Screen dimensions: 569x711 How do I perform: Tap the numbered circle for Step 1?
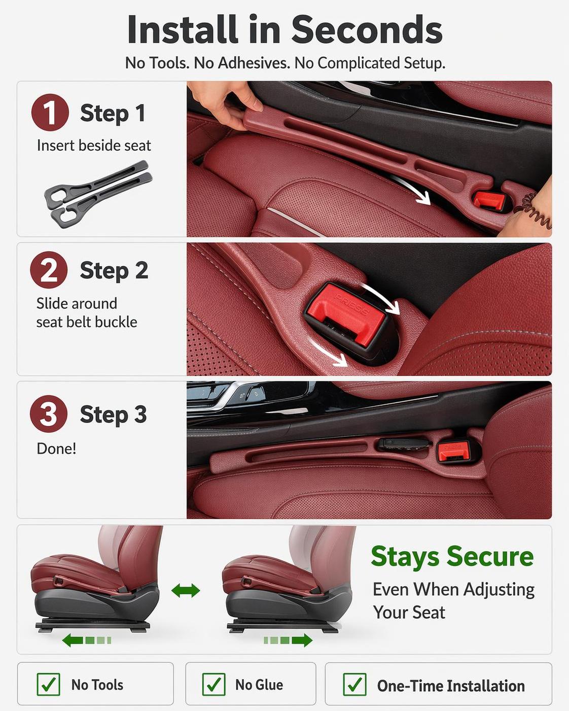[x=50, y=113]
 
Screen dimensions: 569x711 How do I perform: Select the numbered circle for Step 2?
[x=49, y=270]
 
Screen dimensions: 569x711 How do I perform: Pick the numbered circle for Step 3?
[x=49, y=414]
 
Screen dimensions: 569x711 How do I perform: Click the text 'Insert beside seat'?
[x=94, y=146]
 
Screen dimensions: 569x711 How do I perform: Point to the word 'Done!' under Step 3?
[x=56, y=449]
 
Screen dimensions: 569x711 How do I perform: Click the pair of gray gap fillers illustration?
[x=98, y=194]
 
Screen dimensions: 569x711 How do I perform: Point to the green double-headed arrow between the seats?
[x=186, y=590]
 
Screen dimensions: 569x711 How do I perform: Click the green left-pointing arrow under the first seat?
[x=87, y=641]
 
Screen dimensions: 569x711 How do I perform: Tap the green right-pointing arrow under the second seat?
[x=288, y=641]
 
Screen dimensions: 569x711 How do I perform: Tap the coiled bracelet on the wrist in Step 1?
[x=532, y=211]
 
